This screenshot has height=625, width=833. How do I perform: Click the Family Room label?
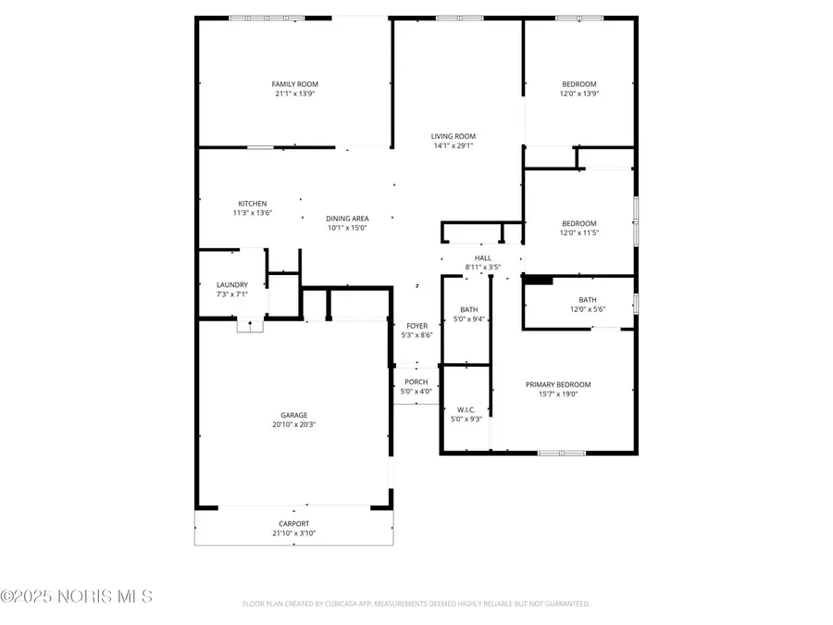(294, 84)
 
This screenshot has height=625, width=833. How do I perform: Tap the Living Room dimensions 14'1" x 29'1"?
(454, 145)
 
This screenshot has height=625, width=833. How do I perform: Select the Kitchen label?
(253, 204)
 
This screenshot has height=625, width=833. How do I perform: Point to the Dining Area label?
(347, 219)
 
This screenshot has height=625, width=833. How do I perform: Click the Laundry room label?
(232, 285)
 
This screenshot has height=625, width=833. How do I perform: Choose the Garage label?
(294, 415)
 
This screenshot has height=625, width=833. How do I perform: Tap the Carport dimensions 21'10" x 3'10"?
(294, 533)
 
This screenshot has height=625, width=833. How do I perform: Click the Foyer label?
(417, 326)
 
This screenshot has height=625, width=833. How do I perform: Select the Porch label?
(416, 381)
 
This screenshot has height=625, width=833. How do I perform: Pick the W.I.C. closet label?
(466, 409)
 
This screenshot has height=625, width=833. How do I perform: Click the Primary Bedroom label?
(558, 384)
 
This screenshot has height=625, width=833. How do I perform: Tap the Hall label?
(483, 258)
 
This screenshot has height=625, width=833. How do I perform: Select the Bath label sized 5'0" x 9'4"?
(468, 310)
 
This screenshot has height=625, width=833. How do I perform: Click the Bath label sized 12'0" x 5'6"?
(588, 299)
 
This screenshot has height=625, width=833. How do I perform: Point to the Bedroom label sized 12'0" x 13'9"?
(579, 84)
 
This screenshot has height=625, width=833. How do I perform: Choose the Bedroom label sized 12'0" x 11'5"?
(579, 223)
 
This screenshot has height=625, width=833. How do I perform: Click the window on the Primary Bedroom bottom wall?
(562, 453)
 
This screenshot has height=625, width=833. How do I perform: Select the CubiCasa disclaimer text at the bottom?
(416, 604)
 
